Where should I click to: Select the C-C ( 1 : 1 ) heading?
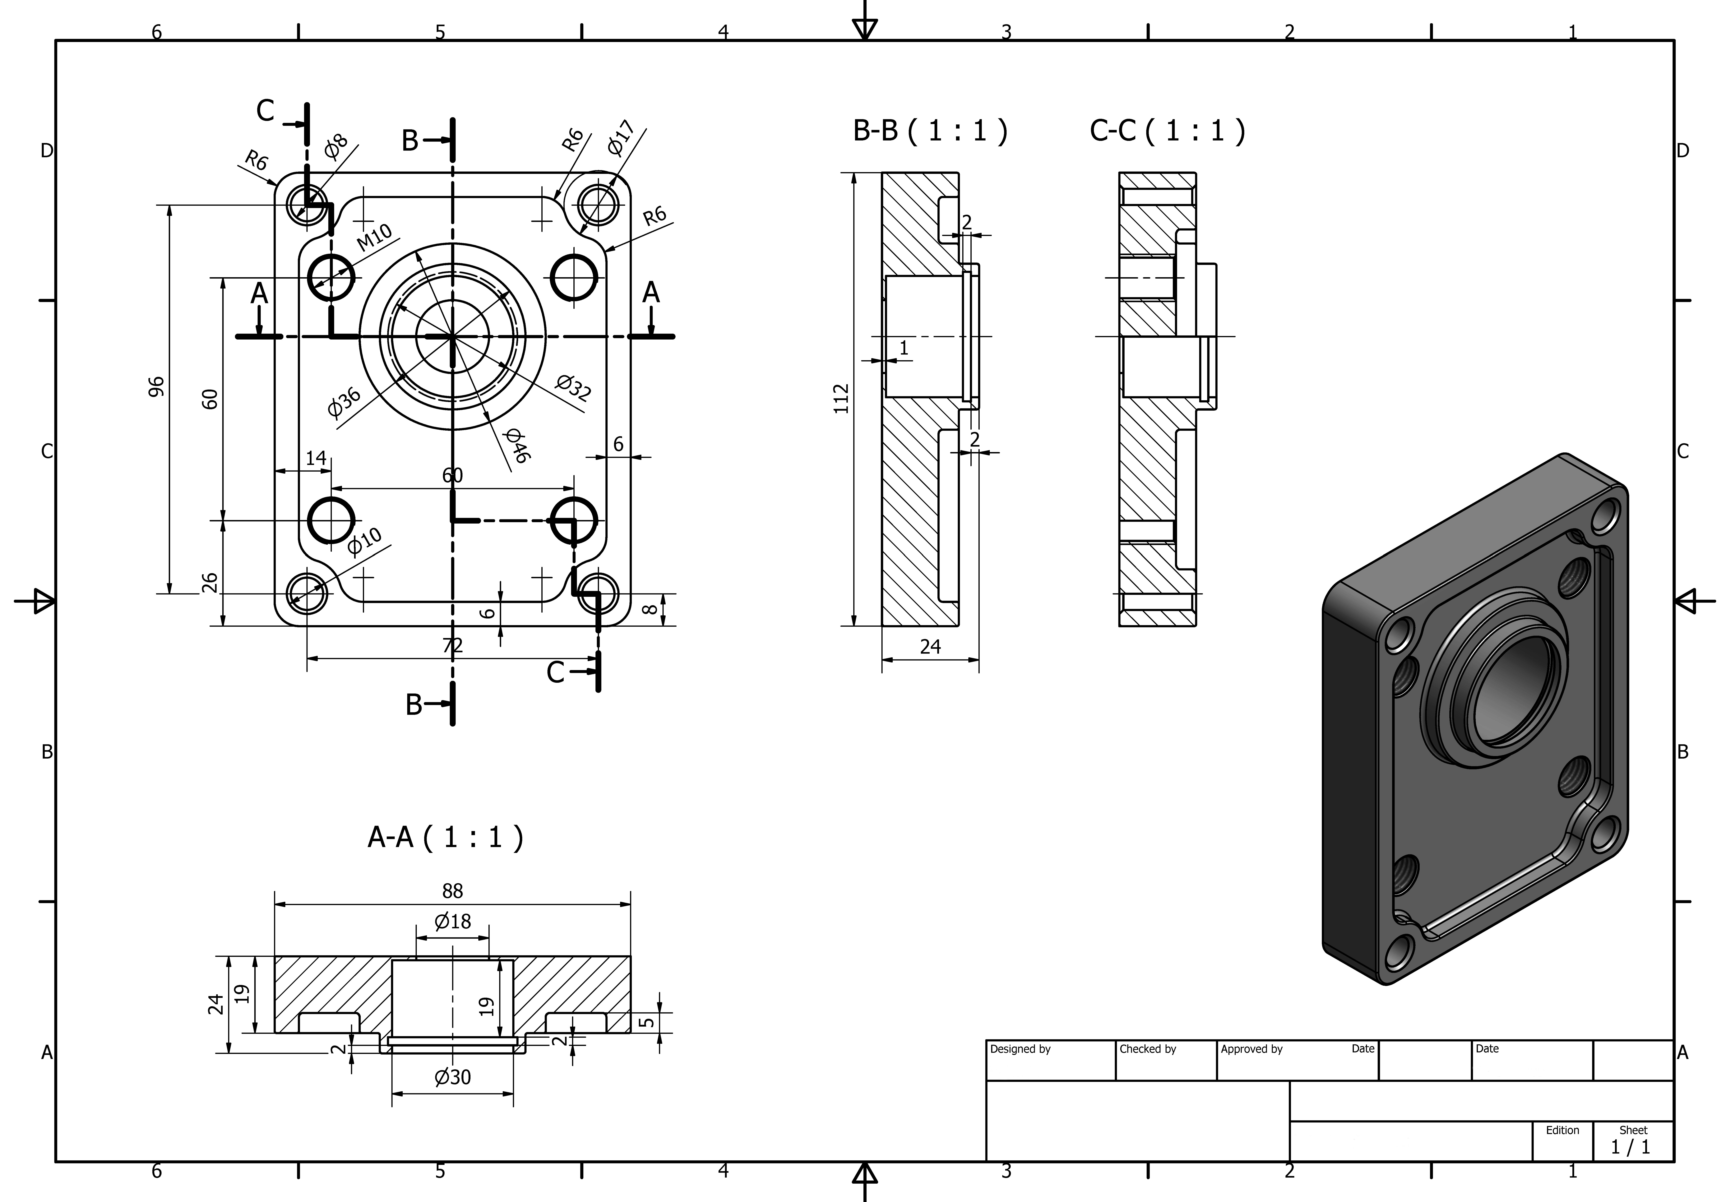tap(1167, 131)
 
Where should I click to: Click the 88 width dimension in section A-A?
tap(452, 891)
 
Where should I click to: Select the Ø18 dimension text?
tap(452, 921)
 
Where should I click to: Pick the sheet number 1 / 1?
tap(1630, 1147)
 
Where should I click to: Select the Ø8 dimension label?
tap(336, 146)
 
